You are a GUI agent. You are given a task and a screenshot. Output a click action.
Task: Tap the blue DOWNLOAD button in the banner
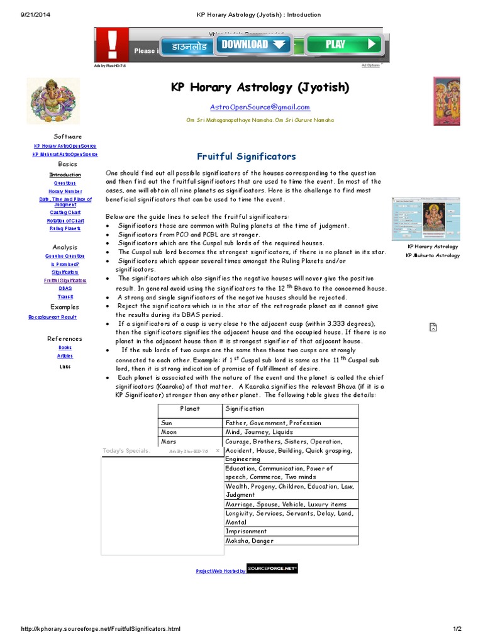(253, 44)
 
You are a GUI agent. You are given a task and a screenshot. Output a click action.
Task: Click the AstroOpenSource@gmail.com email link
(260, 108)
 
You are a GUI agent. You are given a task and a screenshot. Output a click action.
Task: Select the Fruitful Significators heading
(247, 157)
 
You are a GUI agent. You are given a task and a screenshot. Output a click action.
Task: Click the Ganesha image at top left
(53, 101)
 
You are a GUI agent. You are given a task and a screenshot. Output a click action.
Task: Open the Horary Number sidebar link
(65, 191)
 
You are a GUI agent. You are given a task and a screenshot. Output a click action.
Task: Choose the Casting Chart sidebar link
(65, 213)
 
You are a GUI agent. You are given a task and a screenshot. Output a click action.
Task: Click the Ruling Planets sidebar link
(65, 228)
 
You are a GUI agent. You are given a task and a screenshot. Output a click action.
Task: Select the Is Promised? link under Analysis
(65, 264)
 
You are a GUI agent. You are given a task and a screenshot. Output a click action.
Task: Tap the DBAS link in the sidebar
(65, 288)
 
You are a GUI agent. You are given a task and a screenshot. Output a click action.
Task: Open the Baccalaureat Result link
(52, 317)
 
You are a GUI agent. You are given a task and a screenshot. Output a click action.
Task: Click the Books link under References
(65, 347)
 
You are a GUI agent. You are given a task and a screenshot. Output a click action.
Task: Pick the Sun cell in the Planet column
(167, 423)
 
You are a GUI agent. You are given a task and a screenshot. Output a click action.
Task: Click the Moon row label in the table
(169, 432)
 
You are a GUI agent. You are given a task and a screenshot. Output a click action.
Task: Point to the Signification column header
(245, 409)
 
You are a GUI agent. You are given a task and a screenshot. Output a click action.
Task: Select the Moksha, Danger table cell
(250, 541)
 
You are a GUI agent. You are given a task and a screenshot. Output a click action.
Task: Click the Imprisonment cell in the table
(246, 531)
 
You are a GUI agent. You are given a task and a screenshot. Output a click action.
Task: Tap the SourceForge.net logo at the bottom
(272, 569)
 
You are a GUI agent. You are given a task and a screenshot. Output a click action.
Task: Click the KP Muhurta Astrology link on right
(433, 255)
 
